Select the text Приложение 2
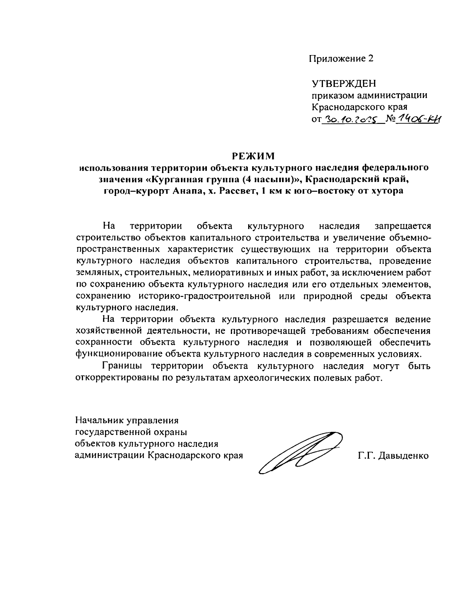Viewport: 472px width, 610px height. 340,59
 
